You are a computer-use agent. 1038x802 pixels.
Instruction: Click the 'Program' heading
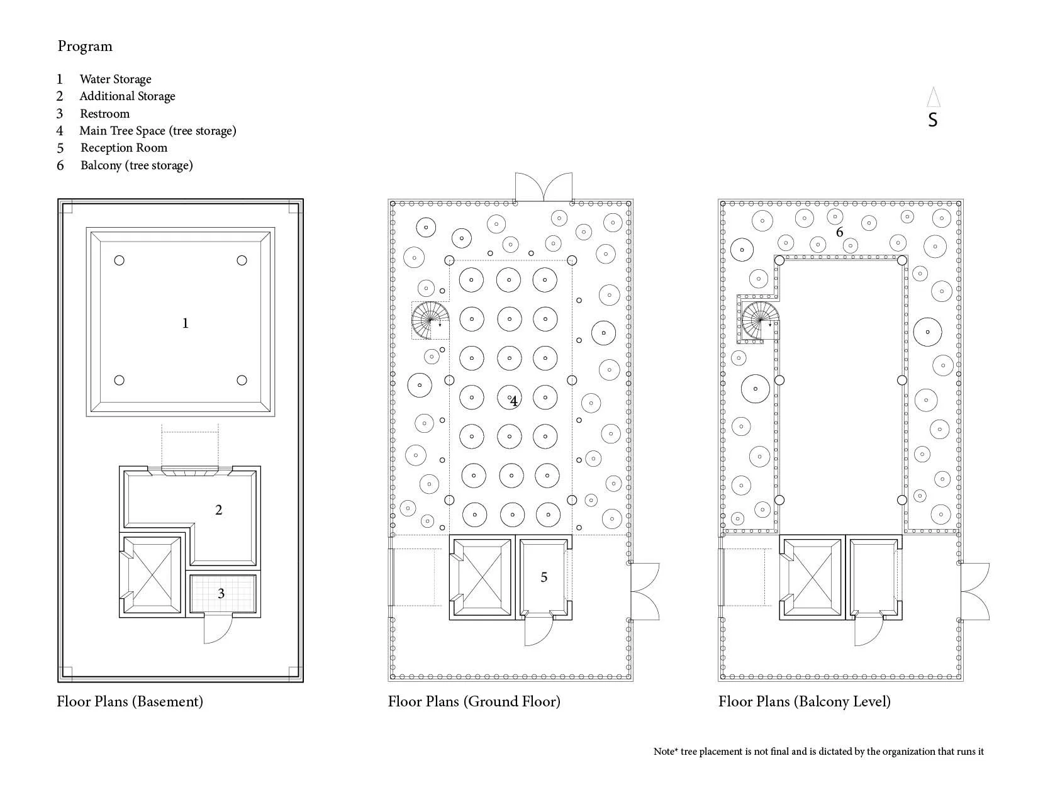click(x=85, y=47)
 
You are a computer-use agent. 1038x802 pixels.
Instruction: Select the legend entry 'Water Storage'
click(x=115, y=79)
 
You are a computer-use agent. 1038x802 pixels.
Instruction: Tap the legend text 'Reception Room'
click(x=123, y=148)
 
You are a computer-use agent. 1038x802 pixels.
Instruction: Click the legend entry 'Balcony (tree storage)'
click(x=137, y=165)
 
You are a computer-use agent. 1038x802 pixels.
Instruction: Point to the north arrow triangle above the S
click(x=933, y=97)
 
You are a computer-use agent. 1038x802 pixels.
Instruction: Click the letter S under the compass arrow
click(x=932, y=120)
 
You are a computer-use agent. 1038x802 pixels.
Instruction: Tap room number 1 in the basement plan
click(x=185, y=323)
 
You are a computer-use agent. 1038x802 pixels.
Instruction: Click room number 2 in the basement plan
click(x=218, y=510)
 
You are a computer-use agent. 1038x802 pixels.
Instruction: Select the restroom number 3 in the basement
click(x=221, y=594)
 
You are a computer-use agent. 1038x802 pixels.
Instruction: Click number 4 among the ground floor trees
click(x=514, y=401)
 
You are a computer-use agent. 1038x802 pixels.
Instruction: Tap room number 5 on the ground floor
click(x=544, y=577)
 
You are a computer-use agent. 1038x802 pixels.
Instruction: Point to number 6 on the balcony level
click(x=839, y=232)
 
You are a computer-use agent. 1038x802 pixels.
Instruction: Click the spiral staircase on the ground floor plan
click(x=431, y=320)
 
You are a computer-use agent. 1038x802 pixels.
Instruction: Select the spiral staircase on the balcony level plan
click(x=760, y=321)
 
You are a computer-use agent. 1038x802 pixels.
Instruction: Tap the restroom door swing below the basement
click(x=218, y=629)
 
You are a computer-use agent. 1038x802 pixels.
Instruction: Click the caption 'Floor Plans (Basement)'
click(x=130, y=701)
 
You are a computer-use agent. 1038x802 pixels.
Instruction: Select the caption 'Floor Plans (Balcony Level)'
click(x=804, y=701)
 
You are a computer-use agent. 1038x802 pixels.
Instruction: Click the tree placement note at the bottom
click(x=818, y=752)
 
